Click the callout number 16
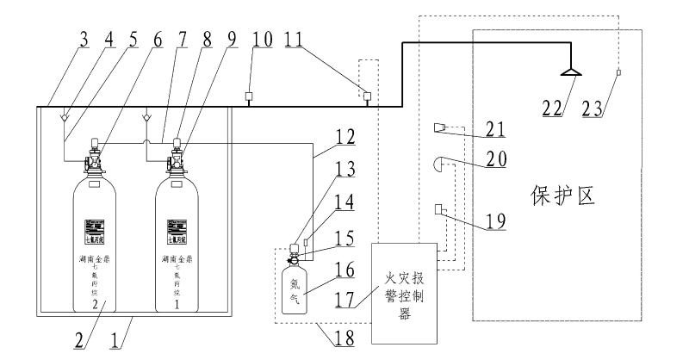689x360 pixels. coord(344,272)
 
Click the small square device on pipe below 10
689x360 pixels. coord(248,96)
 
